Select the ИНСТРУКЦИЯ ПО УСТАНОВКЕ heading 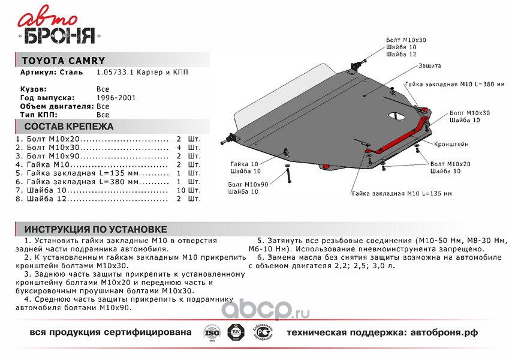tap(95, 229)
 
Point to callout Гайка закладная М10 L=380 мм tap(456, 83)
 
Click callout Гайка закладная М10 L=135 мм tap(401, 193)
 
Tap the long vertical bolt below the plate tap(288, 176)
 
